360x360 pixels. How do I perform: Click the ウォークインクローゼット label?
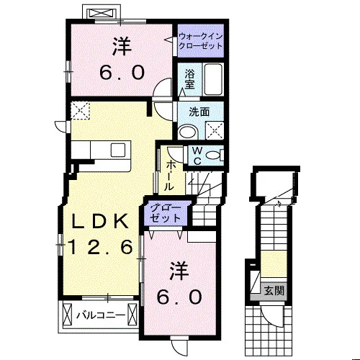(200, 41)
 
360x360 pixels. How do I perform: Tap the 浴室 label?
(189, 79)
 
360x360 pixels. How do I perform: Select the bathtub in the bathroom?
(213, 80)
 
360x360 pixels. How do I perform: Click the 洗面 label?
(199, 112)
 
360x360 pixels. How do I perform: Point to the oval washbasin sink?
(188, 132)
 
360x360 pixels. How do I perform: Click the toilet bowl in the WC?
(213, 156)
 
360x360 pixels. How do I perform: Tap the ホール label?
(169, 176)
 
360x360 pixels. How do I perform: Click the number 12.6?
(100, 247)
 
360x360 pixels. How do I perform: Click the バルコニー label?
(101, 315)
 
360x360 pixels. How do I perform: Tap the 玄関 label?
(274, 291)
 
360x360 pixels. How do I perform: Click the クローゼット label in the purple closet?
(166, 214)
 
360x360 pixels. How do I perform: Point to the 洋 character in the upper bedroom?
(122, 46)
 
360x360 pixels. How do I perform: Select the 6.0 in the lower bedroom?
(179, 297)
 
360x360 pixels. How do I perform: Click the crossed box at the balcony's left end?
(67, 314)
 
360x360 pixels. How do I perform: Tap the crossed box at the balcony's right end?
(132, 314)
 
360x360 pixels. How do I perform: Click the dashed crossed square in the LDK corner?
(80, 110)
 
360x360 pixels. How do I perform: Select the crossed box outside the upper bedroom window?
(101, 13)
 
